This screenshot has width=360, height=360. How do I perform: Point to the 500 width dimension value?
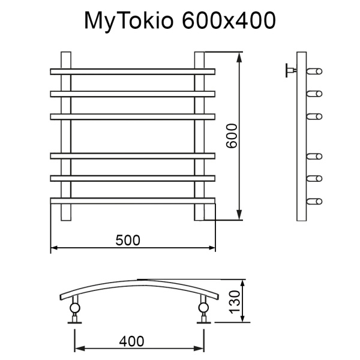click(x=128, y=239)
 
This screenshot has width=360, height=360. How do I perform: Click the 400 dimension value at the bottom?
click(x=131, y=341)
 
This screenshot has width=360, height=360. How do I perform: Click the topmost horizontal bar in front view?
click(x=132, y=71)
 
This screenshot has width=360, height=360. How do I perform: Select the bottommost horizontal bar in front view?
click(x=132, y=199)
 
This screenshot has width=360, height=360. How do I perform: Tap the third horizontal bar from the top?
click(x=132, y=115)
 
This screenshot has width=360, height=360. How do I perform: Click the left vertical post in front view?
click(x=66, y=136)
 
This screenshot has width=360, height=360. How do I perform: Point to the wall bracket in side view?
click(x=291, y=71)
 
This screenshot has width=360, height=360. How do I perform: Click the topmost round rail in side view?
click(x=315, y=72)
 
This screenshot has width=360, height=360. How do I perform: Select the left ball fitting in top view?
click(x=74, y=309)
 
